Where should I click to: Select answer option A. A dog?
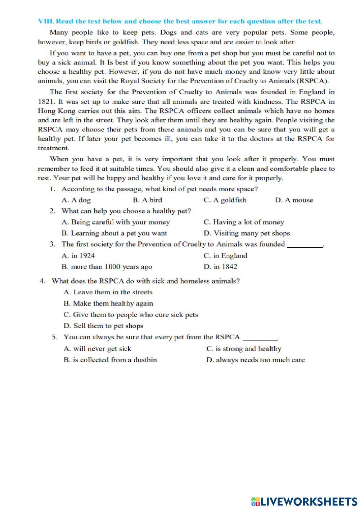[x=76, y=200]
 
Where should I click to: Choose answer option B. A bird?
[x=147, y=200]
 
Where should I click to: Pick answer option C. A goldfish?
[x=225, y=200]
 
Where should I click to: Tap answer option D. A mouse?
[x=294, y=200]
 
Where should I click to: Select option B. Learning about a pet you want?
[x=114, y=233]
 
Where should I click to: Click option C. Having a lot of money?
[x=244, y=222]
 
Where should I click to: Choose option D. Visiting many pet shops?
[x=247, y=233]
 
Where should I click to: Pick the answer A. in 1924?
[x=78, y=256]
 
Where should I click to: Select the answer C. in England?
[x=225, y=256]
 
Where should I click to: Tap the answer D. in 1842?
[x=220, y=267]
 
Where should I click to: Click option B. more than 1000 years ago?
[x=107, y=267]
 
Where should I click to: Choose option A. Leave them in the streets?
[x=108, y=293]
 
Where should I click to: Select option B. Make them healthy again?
[x=108, y=304]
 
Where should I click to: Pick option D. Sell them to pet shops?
[x=103, y=326]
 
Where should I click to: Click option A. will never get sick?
[x=97, y=349]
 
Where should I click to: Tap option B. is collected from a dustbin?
[x=110, y=360]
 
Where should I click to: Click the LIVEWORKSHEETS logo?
[x=304, y=501]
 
